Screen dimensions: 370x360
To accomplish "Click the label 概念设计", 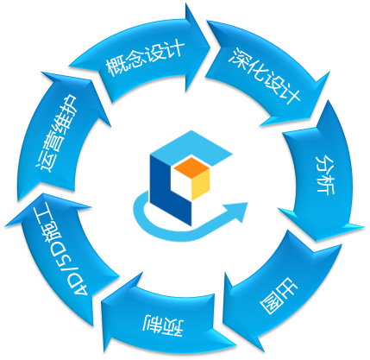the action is (x=145, y=58).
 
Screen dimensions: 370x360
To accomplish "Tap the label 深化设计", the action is (x=265, y=76).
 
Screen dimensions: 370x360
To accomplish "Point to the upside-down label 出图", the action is (x=279, y=295).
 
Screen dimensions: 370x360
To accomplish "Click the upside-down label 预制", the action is (x=164, y=325).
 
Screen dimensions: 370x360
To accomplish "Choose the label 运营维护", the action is (x=57, y=133).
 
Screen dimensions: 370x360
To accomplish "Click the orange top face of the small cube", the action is (x=191, y=167).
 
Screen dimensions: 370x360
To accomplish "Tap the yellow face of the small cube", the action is (x=200, y=185).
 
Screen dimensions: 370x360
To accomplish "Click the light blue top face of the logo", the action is (x=191, y=148).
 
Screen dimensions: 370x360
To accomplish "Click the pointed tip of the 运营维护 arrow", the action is (x=43, y=73).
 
